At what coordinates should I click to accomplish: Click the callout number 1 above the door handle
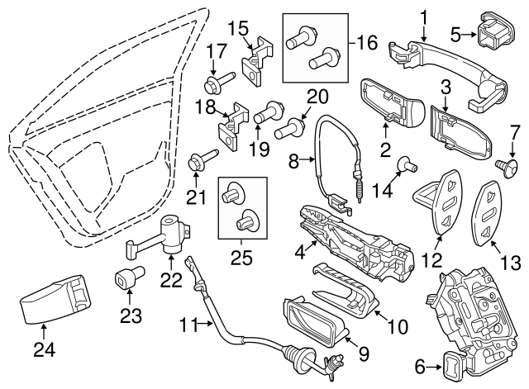coord(424,15)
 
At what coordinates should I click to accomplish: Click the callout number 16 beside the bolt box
coord(367,40)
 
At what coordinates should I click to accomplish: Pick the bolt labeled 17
coord(217,83)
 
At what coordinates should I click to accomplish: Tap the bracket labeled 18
coord(231,121)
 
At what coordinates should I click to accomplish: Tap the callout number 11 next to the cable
coord(192,326)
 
